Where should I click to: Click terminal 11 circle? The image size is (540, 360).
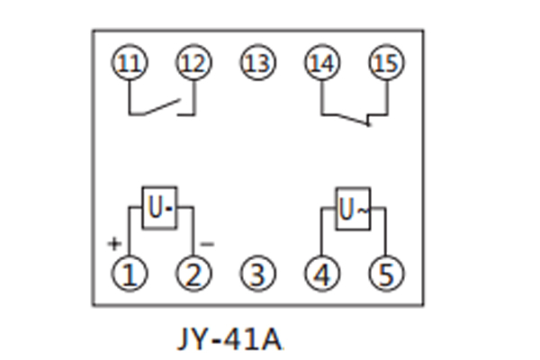(130, 63)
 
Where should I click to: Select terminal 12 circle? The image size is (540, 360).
(193, 63)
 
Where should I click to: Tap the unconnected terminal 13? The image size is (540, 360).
(257, 63)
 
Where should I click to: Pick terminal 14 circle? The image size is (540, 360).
(322, 63)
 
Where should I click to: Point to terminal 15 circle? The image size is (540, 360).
(387, 63)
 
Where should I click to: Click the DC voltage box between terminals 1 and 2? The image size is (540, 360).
(158, 209)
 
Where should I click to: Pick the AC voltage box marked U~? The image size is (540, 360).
(353, 209)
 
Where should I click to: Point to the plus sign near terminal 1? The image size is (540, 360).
(114, 243)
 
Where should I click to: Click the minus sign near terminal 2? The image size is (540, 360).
(206, 243)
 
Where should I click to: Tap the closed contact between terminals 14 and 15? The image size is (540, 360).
(355, 117)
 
